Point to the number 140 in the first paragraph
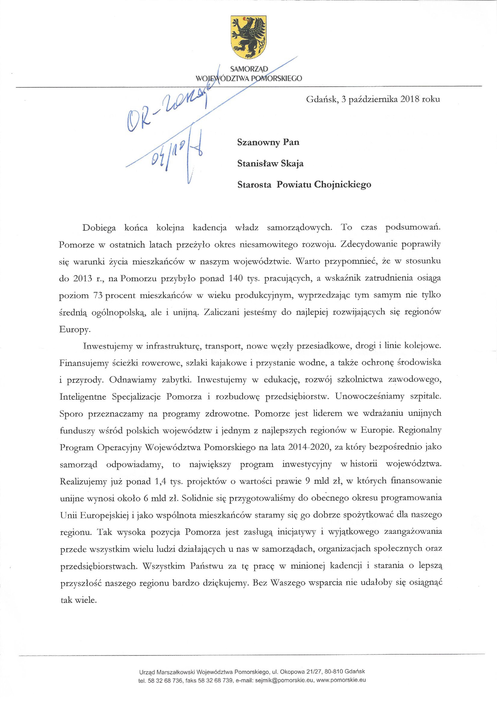(x=236, y=278)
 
